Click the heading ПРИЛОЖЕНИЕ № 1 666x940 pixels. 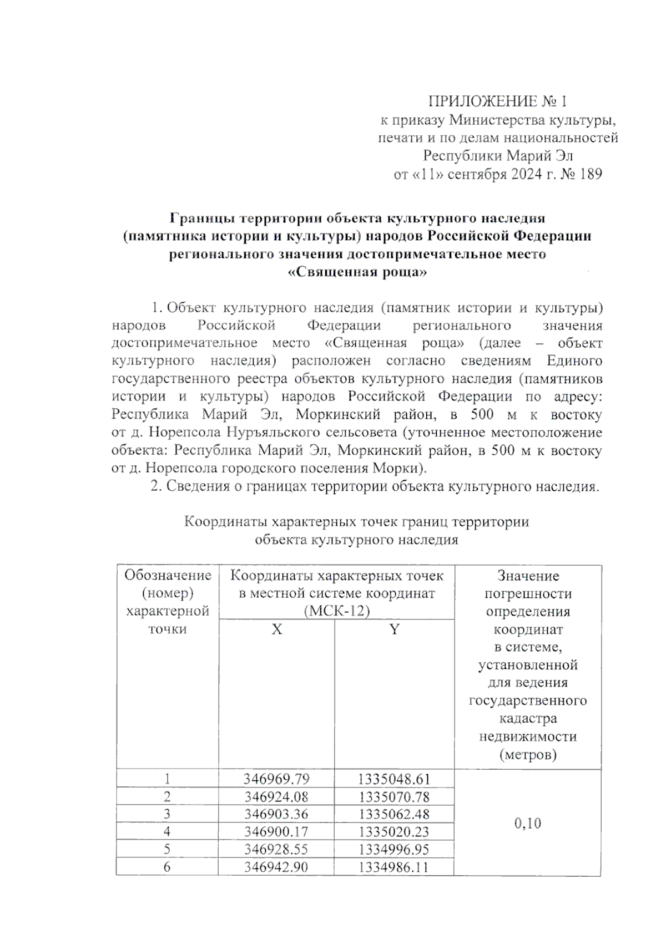coord(497,101)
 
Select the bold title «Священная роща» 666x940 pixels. coord(358,272)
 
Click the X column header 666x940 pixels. coord(276,629)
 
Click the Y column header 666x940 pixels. coord(394,629)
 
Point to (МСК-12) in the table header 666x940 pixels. coord(337,611)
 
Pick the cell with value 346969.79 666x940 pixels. coord(276,779)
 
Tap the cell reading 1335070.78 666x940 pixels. coord(394,797)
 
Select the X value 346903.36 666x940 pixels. coord(276,814)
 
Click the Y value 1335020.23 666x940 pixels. coord(394,832)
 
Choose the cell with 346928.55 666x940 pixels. coord(276,849)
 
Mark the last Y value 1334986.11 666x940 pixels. coord(394,867)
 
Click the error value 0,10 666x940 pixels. coord(527,823)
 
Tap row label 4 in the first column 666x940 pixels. coord(167,832)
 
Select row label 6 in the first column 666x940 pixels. coord(167,867)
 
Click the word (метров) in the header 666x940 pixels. coord(527,755)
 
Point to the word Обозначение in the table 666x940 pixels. coord(168,575)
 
